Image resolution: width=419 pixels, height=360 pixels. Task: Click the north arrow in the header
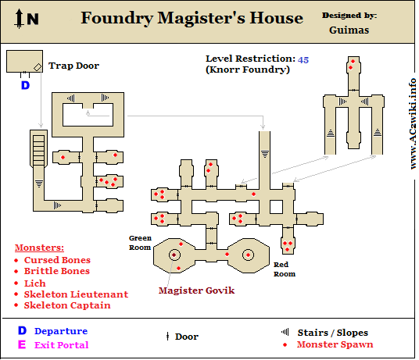pyautogui.click(x=19, y=19)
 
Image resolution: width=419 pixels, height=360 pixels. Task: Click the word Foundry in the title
pyautogui.click(x=117, y=19)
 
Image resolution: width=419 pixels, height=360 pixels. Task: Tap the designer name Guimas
pyautogui.click(x=349, y=30)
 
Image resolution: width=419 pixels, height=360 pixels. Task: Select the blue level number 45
pyautogui.click(x=303, y=60)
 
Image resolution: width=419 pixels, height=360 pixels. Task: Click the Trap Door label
pyautogui.click(x=73, y=66)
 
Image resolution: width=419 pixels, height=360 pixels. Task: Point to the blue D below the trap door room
pyautogui.click(x=25, y=85)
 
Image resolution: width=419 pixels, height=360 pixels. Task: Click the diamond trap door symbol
pyautogui.click(x=38, y=67)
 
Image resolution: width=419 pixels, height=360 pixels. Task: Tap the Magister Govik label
pyautogui.click(x=196, y=290)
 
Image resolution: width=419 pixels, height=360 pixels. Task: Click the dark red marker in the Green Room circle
pyautogui.click(x=174, y=255)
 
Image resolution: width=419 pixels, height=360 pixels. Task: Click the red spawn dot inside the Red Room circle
pyautogui.click(x=248, y=255)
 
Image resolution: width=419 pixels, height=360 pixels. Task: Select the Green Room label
pyautogui.click(x=140, y=243)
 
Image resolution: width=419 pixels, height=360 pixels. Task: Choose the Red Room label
pyautogui.click(x=285, y=269)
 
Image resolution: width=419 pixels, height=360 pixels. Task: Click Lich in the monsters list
pyautogui.click(x=34, y=283)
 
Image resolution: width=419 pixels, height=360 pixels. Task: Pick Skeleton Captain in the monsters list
pyautogui.click(x=67, y=305)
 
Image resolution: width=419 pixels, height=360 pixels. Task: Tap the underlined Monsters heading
pyautogui.click(x=39, y=248)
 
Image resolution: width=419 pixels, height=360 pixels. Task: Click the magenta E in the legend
pyautogui.click(x=22, y=344)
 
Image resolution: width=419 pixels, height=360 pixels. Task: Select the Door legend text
pyautogui.click(x=187, y=337)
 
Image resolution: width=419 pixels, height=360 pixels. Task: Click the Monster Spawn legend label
pyautogui.click(x=335, y=344)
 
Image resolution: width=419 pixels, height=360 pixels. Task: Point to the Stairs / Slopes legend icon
pyautogui.click(x=285, y=332)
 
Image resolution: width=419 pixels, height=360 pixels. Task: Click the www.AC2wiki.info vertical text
pyautogui.click(x=413, y=123)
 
